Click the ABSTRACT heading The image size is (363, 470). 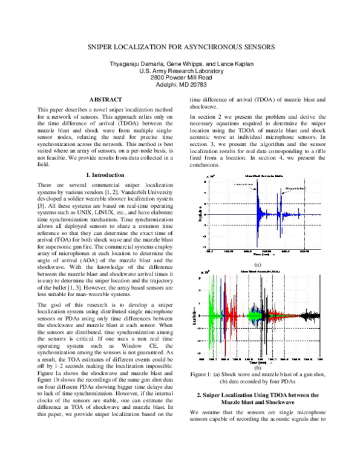tap(106, 99)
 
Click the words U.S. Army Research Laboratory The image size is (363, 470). tap(181, 71)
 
